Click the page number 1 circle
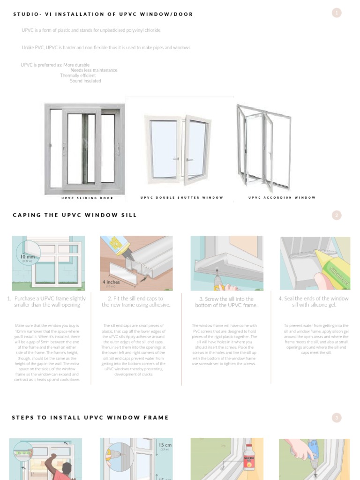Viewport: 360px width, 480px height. click(336, 13)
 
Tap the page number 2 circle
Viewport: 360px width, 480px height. click(336, 215)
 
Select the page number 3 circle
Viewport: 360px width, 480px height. click(336, 417)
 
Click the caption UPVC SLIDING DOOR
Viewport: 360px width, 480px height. click(87, 198)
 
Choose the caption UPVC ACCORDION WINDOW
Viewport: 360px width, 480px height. click(282, 197)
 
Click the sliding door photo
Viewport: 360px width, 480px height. click(85, 149)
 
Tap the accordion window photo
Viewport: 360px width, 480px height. click(263, 146)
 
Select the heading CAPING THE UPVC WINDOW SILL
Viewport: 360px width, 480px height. click(75, 215)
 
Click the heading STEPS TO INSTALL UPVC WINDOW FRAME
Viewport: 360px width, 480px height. click(90, 417)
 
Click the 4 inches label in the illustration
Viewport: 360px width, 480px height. click(112, 282)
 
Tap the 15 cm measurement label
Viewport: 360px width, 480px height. click(165, 445)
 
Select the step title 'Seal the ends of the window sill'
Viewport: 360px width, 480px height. click(314, 301)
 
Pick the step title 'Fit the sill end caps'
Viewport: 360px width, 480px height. click(135, 301)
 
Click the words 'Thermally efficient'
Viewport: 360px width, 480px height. click(78, 75)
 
